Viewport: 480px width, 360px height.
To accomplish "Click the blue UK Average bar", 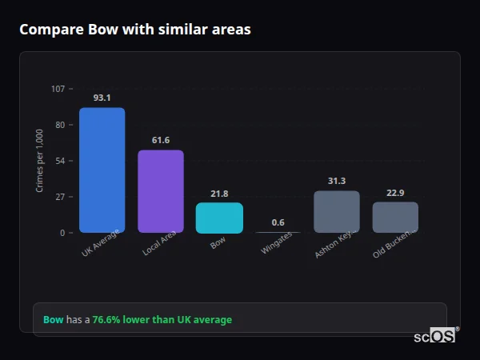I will coord(102,170).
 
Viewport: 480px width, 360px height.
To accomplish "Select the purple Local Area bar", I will coord(160,191).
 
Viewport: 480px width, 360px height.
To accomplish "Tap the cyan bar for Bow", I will coord(219,218).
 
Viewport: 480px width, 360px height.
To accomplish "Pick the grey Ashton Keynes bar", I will coord(336,212).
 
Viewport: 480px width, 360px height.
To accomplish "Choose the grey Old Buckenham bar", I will coord(395,217).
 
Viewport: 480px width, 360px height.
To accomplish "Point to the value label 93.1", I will coord(102,98).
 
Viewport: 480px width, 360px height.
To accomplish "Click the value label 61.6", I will coord(160,141).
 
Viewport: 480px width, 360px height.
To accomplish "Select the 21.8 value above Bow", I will coord(219,194).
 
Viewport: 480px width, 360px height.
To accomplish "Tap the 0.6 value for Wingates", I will coord(278,222).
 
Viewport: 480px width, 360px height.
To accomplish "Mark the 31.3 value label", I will coord(336,182).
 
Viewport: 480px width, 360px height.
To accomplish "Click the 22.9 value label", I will coord(395,193).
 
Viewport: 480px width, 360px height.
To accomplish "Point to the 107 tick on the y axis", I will coord(58,89).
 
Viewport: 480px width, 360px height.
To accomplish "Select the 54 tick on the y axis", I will coord(61,161).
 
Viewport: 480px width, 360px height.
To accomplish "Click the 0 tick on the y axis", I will coord(62,233).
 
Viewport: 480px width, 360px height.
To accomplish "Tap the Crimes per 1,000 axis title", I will coord(40,161).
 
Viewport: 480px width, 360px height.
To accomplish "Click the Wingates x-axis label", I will coord(277,244).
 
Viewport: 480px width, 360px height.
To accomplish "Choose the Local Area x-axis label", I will coord(159,243).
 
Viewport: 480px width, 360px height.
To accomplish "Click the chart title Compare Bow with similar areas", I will coord(134,30).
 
